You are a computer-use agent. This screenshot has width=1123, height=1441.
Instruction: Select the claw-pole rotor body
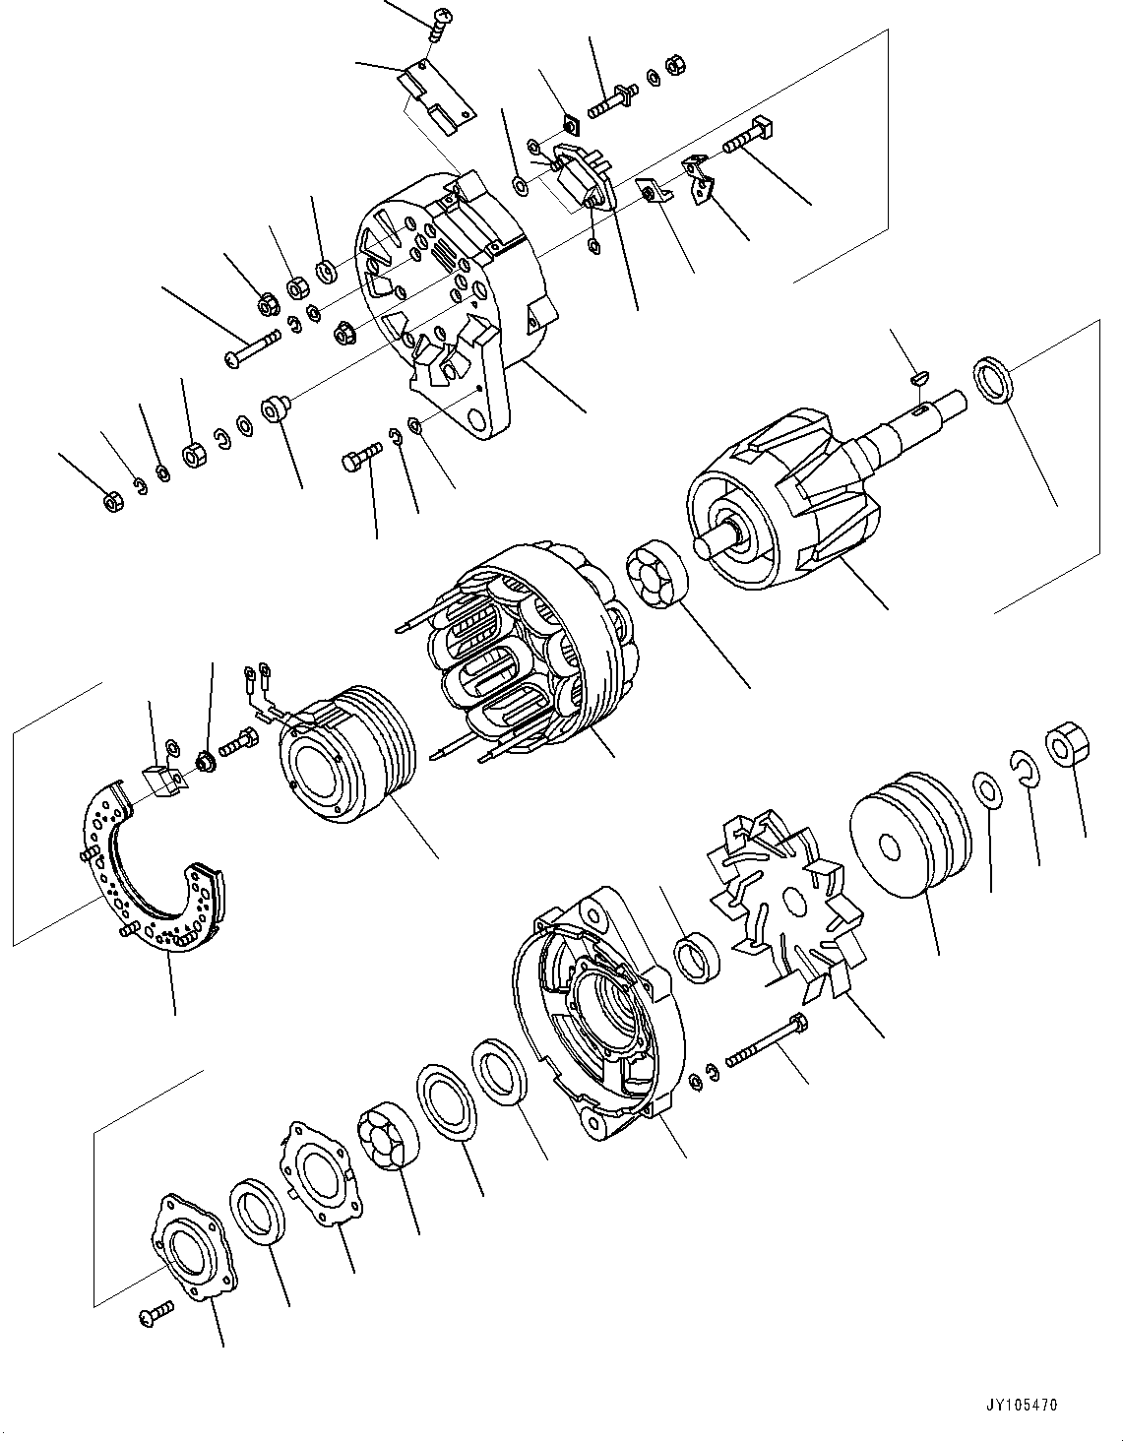(x=778, y=512)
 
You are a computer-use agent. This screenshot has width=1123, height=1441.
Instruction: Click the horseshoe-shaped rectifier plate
(x=148, y=866)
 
